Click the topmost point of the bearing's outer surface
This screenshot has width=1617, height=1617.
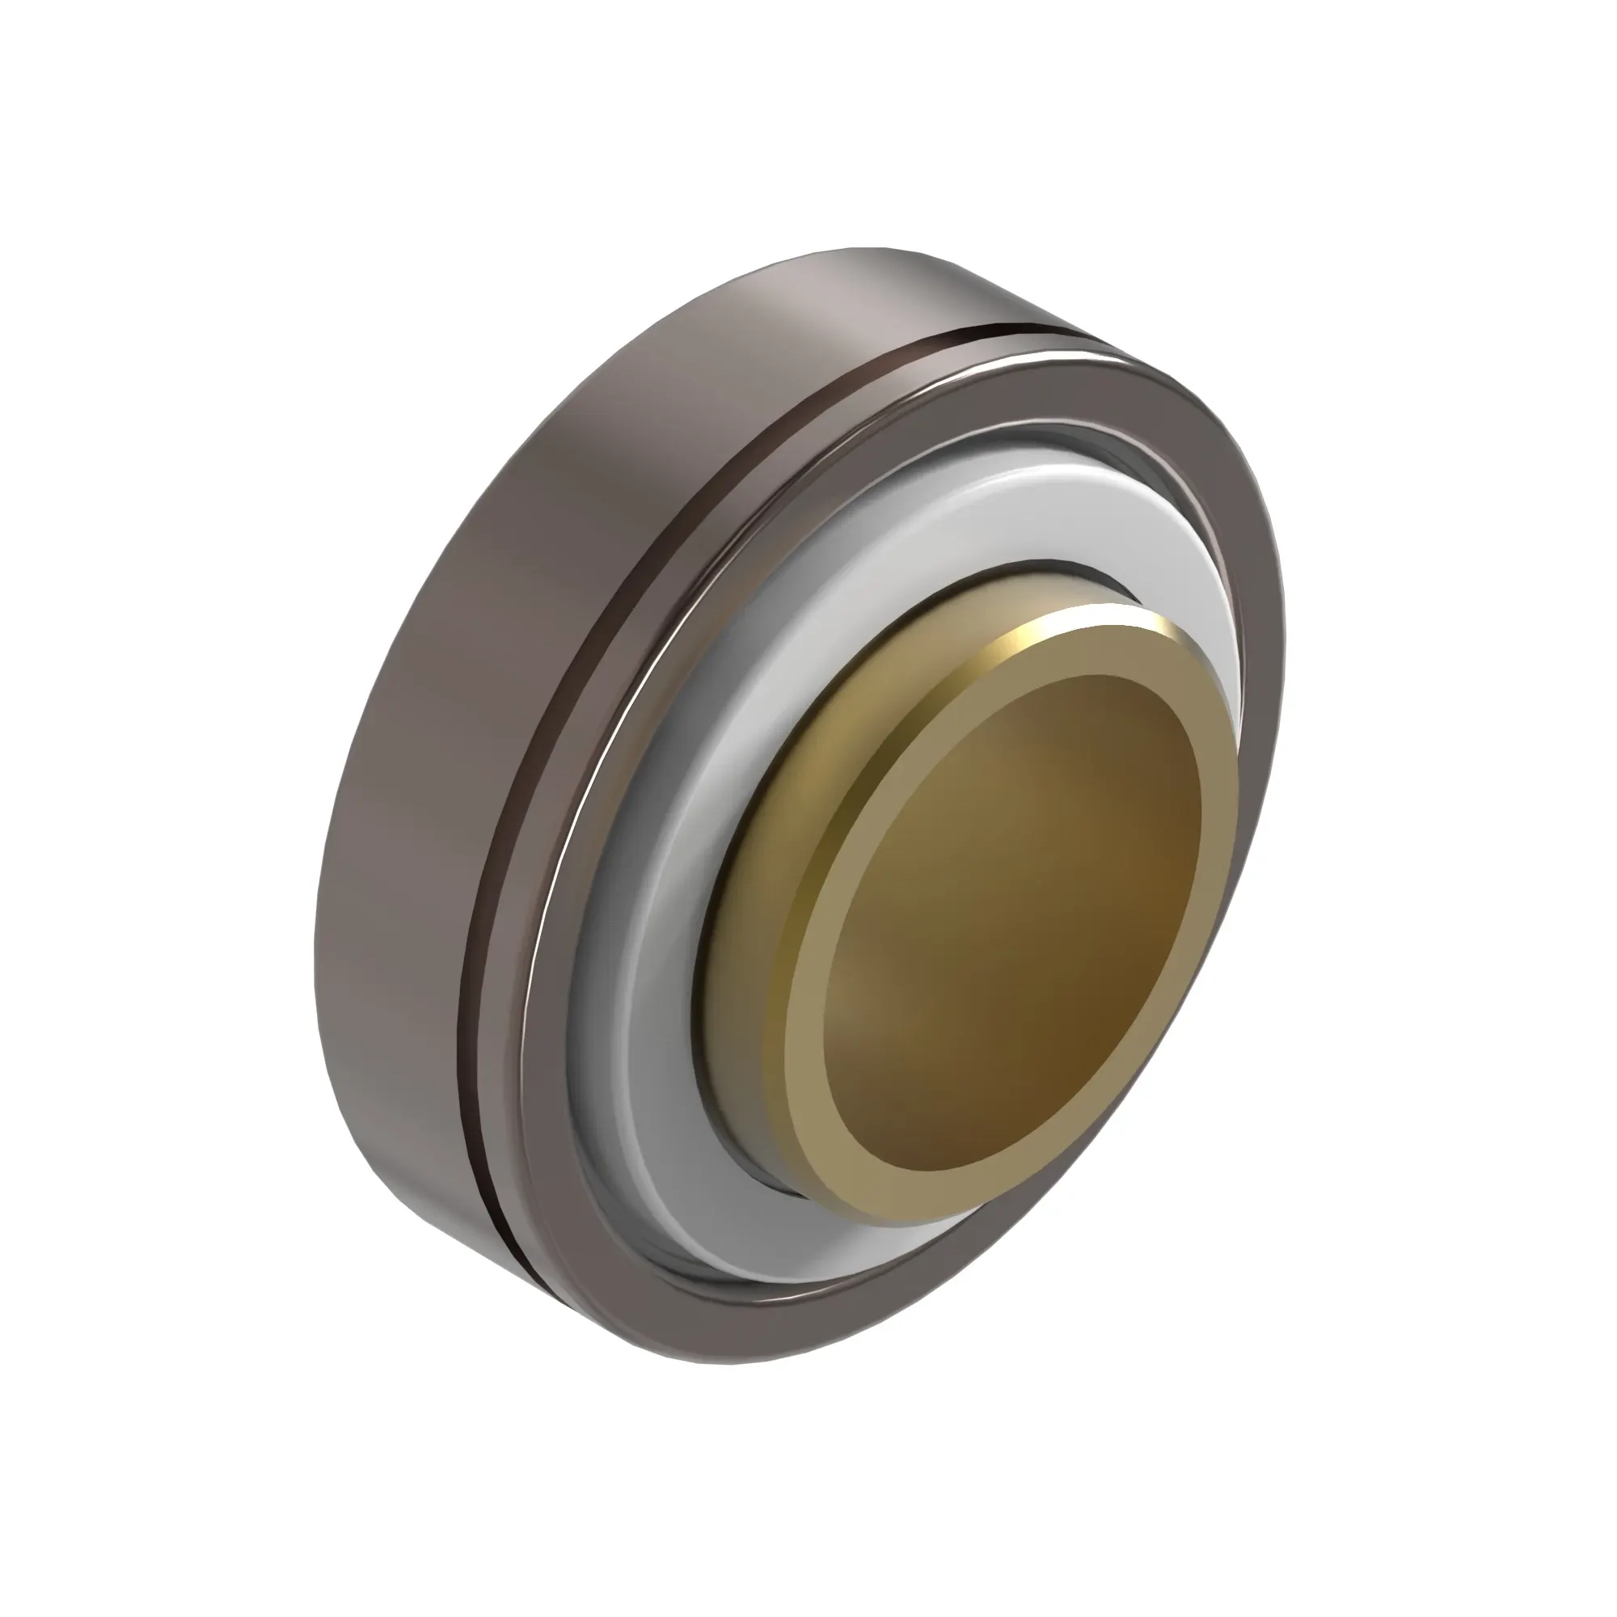click(871, 247)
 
